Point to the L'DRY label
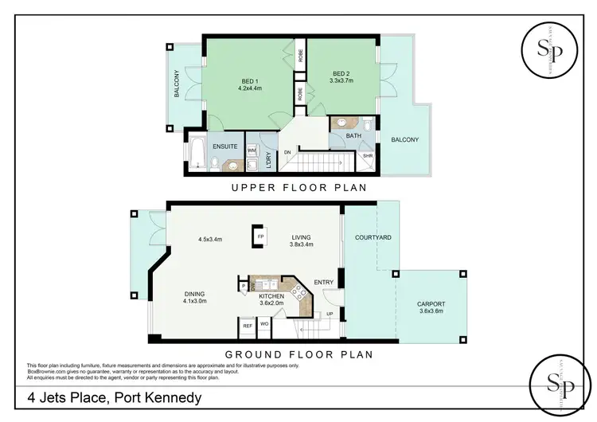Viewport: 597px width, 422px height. pos(269,160)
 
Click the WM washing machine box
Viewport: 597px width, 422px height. pos(252,150)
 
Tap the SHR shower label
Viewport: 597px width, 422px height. pos(367,156)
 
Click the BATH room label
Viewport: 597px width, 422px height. pos(353,137)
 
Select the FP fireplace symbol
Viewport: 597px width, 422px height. pos(259,236)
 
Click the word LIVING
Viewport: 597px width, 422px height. pos(302,236)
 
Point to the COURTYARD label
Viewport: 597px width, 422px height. pos(371,238)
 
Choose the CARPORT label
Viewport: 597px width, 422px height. pos(431,304)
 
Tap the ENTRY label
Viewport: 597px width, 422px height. pos(323,282)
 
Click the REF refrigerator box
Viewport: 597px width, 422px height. pos(248,325)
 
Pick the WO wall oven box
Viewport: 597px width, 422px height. pos(263,325)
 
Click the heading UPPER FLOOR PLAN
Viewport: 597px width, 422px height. pos(298,189)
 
